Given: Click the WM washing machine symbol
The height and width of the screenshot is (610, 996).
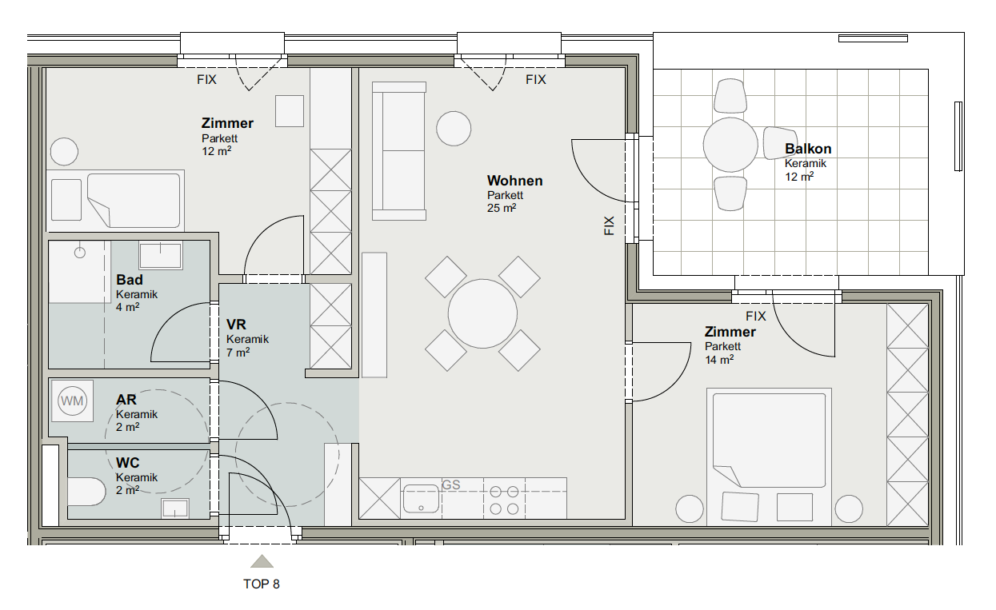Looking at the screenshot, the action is (72, 401).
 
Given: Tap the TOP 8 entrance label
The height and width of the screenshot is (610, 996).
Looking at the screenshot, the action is (262, 584).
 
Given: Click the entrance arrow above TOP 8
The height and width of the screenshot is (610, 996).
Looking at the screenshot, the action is (262, 561).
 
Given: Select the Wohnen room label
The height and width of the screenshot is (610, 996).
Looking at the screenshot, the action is (515, 181).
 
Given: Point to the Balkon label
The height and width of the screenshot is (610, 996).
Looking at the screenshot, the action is (808, 149).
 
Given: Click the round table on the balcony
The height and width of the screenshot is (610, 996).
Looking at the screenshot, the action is (730, 145).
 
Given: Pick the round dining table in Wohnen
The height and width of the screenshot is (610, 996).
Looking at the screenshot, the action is (482, 313).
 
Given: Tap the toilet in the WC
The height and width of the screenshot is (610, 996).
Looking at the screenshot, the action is (86, 492).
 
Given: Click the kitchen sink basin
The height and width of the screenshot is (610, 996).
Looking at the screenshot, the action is (421, 499).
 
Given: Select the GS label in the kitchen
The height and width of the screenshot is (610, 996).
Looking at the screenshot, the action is (451, 484).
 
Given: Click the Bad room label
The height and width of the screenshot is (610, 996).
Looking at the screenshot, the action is (130, 280).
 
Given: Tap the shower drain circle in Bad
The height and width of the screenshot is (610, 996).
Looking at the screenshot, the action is (80, 253).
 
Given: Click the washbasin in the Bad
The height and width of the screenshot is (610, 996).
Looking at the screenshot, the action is (161, 255).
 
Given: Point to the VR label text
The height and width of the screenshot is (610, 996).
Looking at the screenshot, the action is (236, 325).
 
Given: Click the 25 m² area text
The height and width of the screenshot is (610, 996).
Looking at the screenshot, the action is (502, 208).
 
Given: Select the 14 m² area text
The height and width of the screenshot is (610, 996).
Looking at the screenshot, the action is (719, 360).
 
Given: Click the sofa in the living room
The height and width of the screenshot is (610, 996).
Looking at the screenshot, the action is (399, 151).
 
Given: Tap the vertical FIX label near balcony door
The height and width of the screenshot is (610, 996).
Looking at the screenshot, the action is (609, 225).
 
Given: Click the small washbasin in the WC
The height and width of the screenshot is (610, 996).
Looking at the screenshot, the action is (175, 508).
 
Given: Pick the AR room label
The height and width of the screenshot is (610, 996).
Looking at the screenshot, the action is (126, 400).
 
